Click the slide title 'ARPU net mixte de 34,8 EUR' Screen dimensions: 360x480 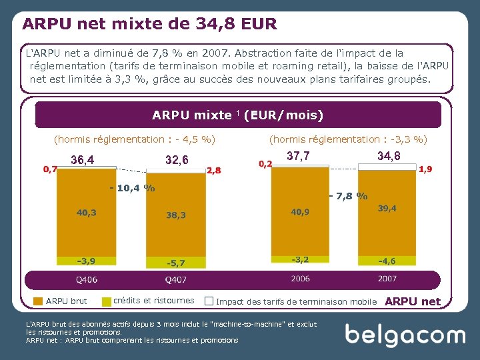(149, 24)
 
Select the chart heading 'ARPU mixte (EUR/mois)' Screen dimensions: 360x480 (237, 115)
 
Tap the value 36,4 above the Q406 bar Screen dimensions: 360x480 (83, 160)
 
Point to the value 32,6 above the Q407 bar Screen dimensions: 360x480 (177, 160)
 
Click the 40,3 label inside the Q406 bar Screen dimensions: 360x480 (86, 213)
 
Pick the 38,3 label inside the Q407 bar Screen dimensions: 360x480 (176, 215)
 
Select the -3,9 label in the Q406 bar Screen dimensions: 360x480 (85, 260)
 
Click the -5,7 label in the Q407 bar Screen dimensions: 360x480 (176, 263)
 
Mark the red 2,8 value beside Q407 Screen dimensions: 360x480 (214, 171)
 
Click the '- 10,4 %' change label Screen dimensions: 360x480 (132, 188)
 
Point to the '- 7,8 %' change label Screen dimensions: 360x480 (348, 196)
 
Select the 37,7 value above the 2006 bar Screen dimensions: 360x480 (297, 156)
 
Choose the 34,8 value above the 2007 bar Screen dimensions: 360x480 (389, 156)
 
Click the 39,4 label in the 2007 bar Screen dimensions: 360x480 (387, 208)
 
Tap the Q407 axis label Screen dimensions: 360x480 (176, 279)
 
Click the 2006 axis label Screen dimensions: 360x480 (299, 279)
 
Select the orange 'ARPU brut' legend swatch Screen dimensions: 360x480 (38, 301)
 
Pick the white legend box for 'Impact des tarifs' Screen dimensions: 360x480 (209, 301)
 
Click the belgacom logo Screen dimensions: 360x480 (405, 335)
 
